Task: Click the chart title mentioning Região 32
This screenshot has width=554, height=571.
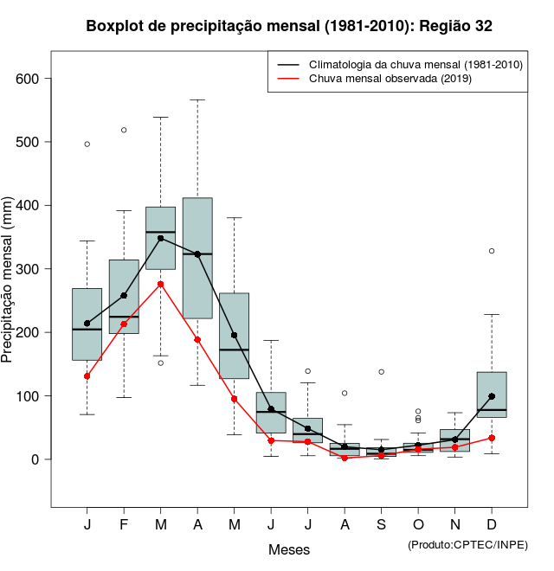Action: (289, 26)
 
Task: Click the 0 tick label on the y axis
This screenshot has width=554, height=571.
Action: (36, 459)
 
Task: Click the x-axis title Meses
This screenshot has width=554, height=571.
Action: (289, 549)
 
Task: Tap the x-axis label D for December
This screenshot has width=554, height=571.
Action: (492, 525)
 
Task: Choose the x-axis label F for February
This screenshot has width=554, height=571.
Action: (124, 525)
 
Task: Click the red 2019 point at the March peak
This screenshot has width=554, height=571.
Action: (160, 284)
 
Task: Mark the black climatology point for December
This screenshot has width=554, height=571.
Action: (492, 396)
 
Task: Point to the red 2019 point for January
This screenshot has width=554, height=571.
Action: (87, 376)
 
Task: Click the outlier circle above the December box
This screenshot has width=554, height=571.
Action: (492, 251)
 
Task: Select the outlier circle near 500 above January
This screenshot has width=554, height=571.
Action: (87, 144)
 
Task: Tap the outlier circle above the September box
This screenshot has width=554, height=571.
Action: (381, 372)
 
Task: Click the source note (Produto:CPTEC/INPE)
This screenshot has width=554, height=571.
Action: (467, 544)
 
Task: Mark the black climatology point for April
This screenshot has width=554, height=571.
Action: (197, 254)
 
